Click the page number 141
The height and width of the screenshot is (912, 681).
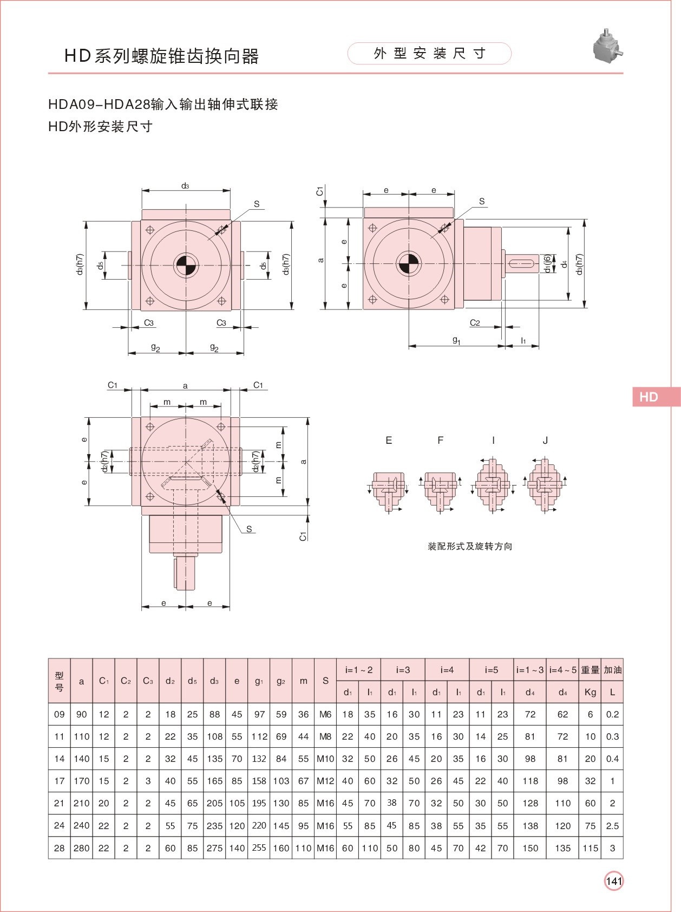pyautogui.click(x=614, y=881)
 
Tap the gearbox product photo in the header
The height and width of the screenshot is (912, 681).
pyautogui.click(x=608, y=47)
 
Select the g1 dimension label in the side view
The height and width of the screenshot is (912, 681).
pyautogui.click(x=456, y=340)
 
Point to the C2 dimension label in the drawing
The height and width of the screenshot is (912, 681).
pyautogui.click(x=475, y=322)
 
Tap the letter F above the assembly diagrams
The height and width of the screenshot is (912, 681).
pyautogui.click(x=440, y=441)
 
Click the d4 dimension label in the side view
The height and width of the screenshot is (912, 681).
pyautogui.click(x=564, y=264)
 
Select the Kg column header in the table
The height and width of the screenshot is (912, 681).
pyautogui.click(x=590, y=692)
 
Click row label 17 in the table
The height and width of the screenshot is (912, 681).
pyautogui.click(x=60, y=781)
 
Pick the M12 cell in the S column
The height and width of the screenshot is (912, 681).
pyautogui.click(x=325, y=781)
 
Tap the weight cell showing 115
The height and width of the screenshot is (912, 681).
pyautogui.click(x=590, y=848)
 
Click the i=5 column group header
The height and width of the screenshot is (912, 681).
pyautogui.click(x=491, y=670)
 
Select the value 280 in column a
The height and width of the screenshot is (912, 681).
pyautogui.click(x=82, y=848)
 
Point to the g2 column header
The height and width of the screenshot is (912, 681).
pyautogui.click(x=281, y=681)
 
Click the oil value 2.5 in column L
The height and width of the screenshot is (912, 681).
pyautogui.click(x=612, y=826)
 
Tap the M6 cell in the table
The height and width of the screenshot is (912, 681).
pyautogui.click(x=325, y=714)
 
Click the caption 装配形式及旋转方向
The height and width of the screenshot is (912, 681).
pyautogui.click(x=470, y=546)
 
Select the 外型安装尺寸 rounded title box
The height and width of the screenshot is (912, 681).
pyautogui.click(x=429, y=53)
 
